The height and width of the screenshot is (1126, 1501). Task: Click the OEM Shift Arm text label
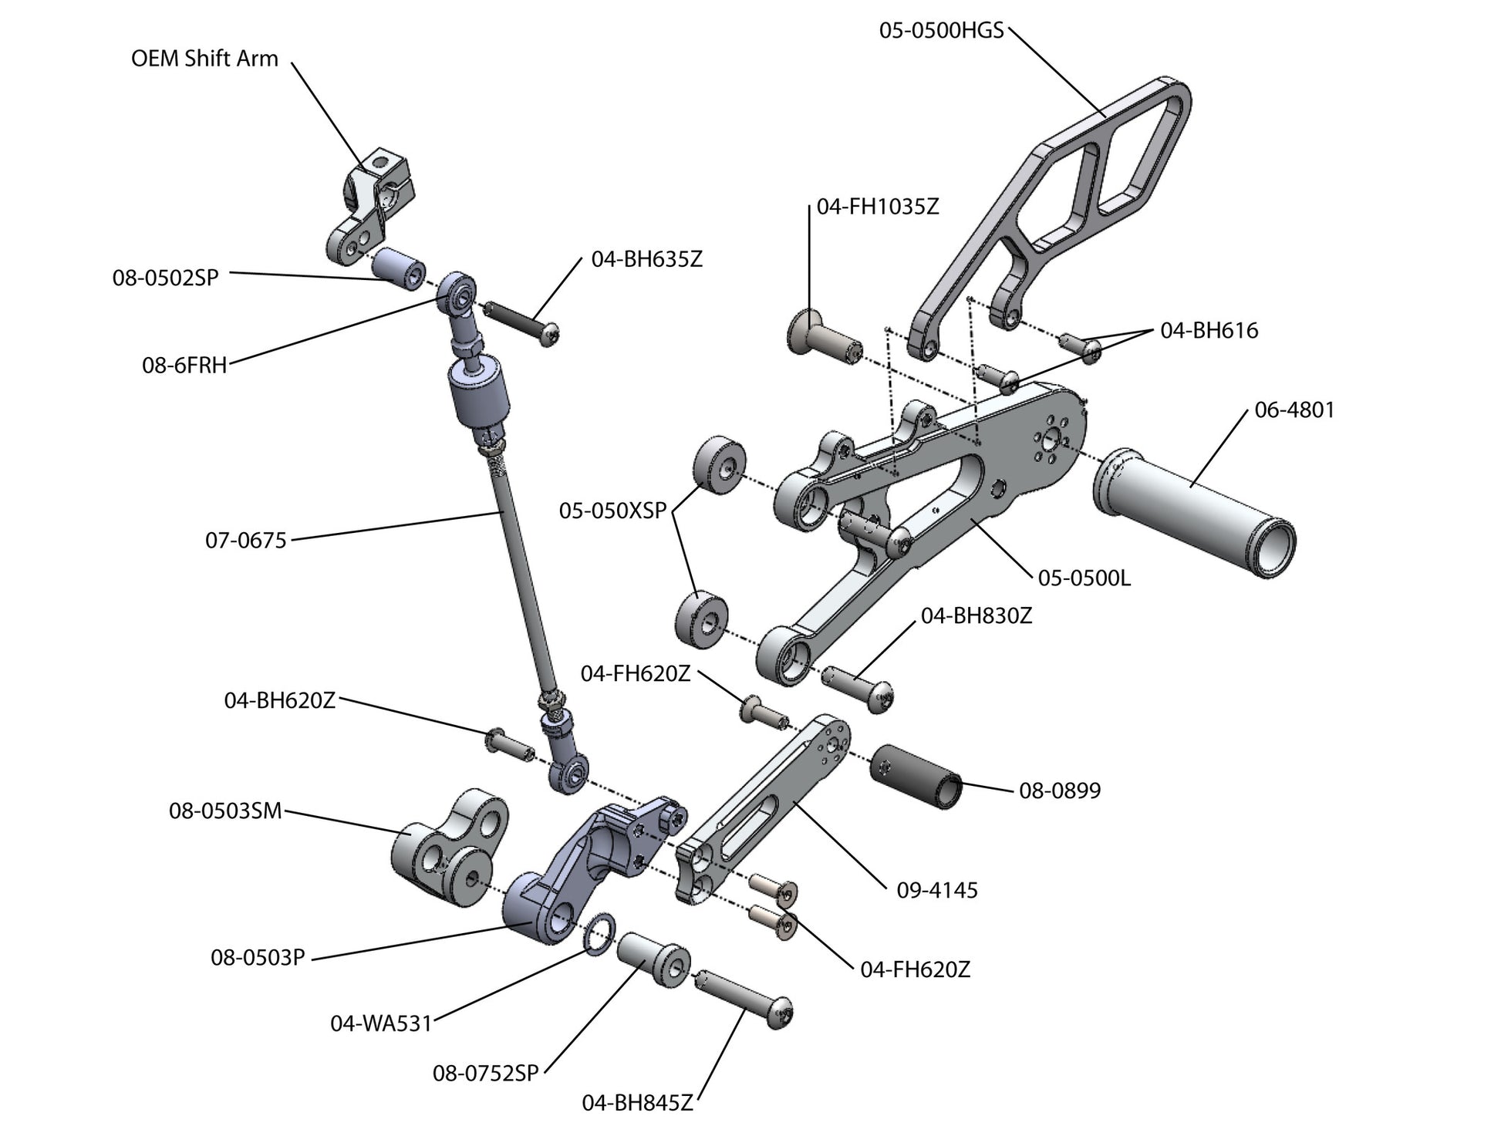pos(204,59)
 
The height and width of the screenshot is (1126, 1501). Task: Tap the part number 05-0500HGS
pos(941,31)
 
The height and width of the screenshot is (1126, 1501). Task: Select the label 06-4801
pos(1294,410)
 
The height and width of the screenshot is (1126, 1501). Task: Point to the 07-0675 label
pos(245,540)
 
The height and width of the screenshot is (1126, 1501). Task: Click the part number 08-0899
pos(1060,790)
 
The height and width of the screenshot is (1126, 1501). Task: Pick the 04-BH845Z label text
pos(637,1103)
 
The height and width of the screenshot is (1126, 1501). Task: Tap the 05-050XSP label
pos(612,511)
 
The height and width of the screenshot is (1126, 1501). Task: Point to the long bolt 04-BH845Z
pos(745,998)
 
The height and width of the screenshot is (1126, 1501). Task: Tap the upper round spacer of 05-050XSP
pos(720,465)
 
